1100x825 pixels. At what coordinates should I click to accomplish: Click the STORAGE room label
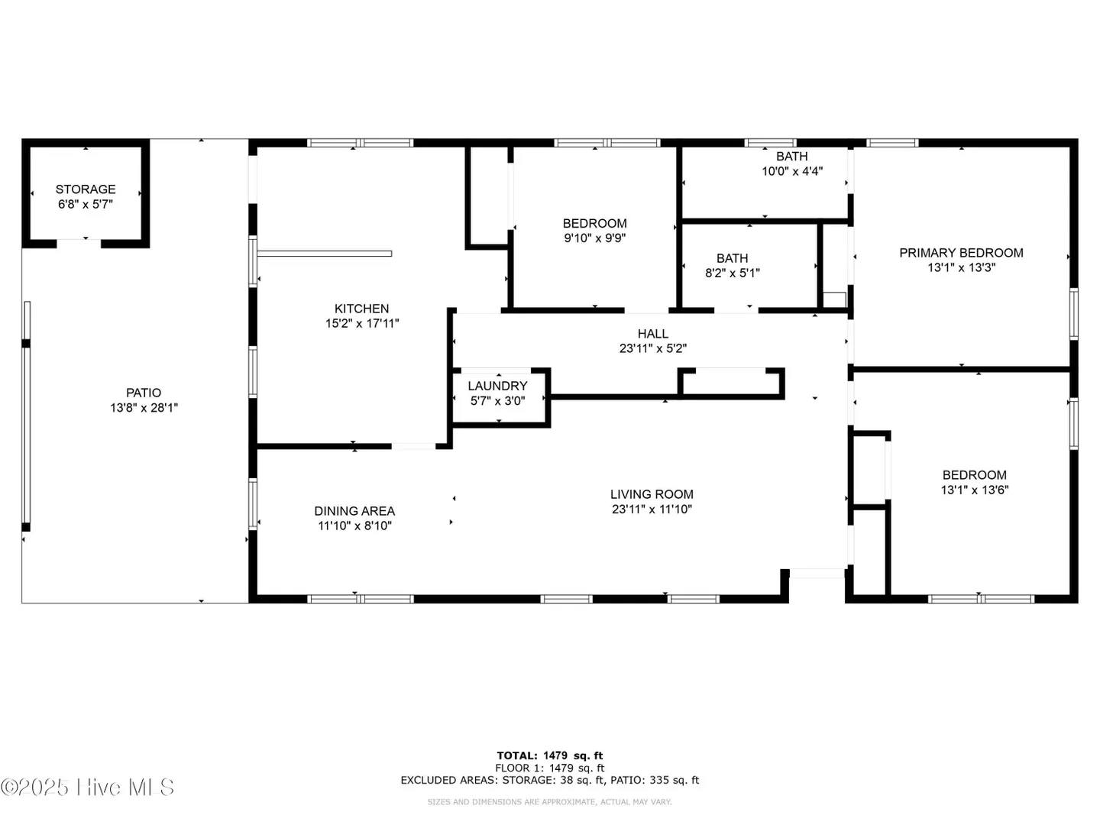tap(86, 189)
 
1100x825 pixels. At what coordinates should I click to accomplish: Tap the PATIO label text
tap(144, 393)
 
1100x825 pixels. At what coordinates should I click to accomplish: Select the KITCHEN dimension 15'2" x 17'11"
tap(362, 324)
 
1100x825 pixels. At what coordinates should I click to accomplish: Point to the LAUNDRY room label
tap(497, 387)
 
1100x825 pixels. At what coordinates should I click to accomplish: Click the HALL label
tap(653, 334)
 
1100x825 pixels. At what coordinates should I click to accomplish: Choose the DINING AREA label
tap(354, 511)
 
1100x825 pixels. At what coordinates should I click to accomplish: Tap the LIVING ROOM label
tap(652, 494)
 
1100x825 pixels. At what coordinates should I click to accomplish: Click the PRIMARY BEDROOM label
tap(961, 253)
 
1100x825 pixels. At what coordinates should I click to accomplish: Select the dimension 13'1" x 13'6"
tap(975, 490)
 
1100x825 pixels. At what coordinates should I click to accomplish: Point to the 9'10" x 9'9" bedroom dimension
tap(595, 238)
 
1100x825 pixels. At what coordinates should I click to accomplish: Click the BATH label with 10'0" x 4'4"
tap(792, 157)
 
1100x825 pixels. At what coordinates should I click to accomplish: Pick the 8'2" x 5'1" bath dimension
tap(733, 273)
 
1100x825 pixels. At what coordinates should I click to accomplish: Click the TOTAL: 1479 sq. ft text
tap(550, 755)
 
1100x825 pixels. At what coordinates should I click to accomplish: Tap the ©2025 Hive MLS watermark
tap(87, 788)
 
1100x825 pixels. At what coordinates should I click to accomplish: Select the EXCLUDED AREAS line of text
tap(550, 780)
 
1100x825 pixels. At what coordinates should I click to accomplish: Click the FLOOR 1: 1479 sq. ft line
tap(550, 768)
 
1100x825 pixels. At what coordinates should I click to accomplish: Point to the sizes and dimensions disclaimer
tap(550, 802)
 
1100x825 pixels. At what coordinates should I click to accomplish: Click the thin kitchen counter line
tap(324, 254)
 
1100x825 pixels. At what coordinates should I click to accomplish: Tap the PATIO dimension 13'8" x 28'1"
tap(144, 408)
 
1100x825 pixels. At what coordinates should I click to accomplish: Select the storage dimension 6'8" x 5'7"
tap(86, 205)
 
